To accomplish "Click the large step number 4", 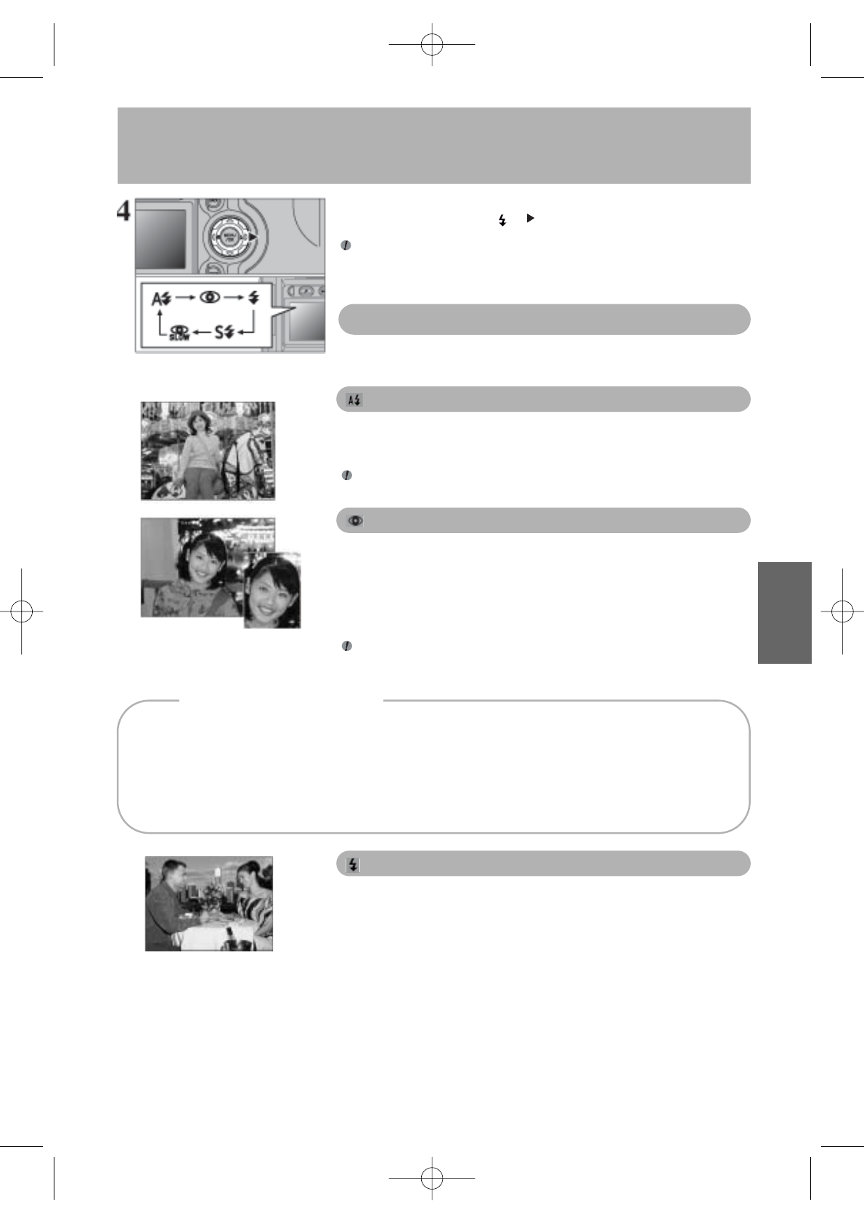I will pos(124,211).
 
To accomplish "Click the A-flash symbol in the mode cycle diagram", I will pos(160,298).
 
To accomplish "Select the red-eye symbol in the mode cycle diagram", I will pos(210,298).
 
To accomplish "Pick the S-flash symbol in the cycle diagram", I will pos(224,333).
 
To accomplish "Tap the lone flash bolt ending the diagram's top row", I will pos(253,298).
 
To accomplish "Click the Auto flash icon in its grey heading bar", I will pos(354,400).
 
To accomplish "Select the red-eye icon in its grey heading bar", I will pos(356,521).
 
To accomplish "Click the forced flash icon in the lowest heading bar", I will pos(354,864).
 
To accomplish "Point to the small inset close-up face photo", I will pos(272,590).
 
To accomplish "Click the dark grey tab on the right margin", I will pos(784,612).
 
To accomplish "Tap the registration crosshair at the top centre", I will pos(432,44).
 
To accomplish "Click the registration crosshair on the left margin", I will pos(22,611).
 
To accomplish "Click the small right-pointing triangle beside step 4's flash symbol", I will pos(530,218).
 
